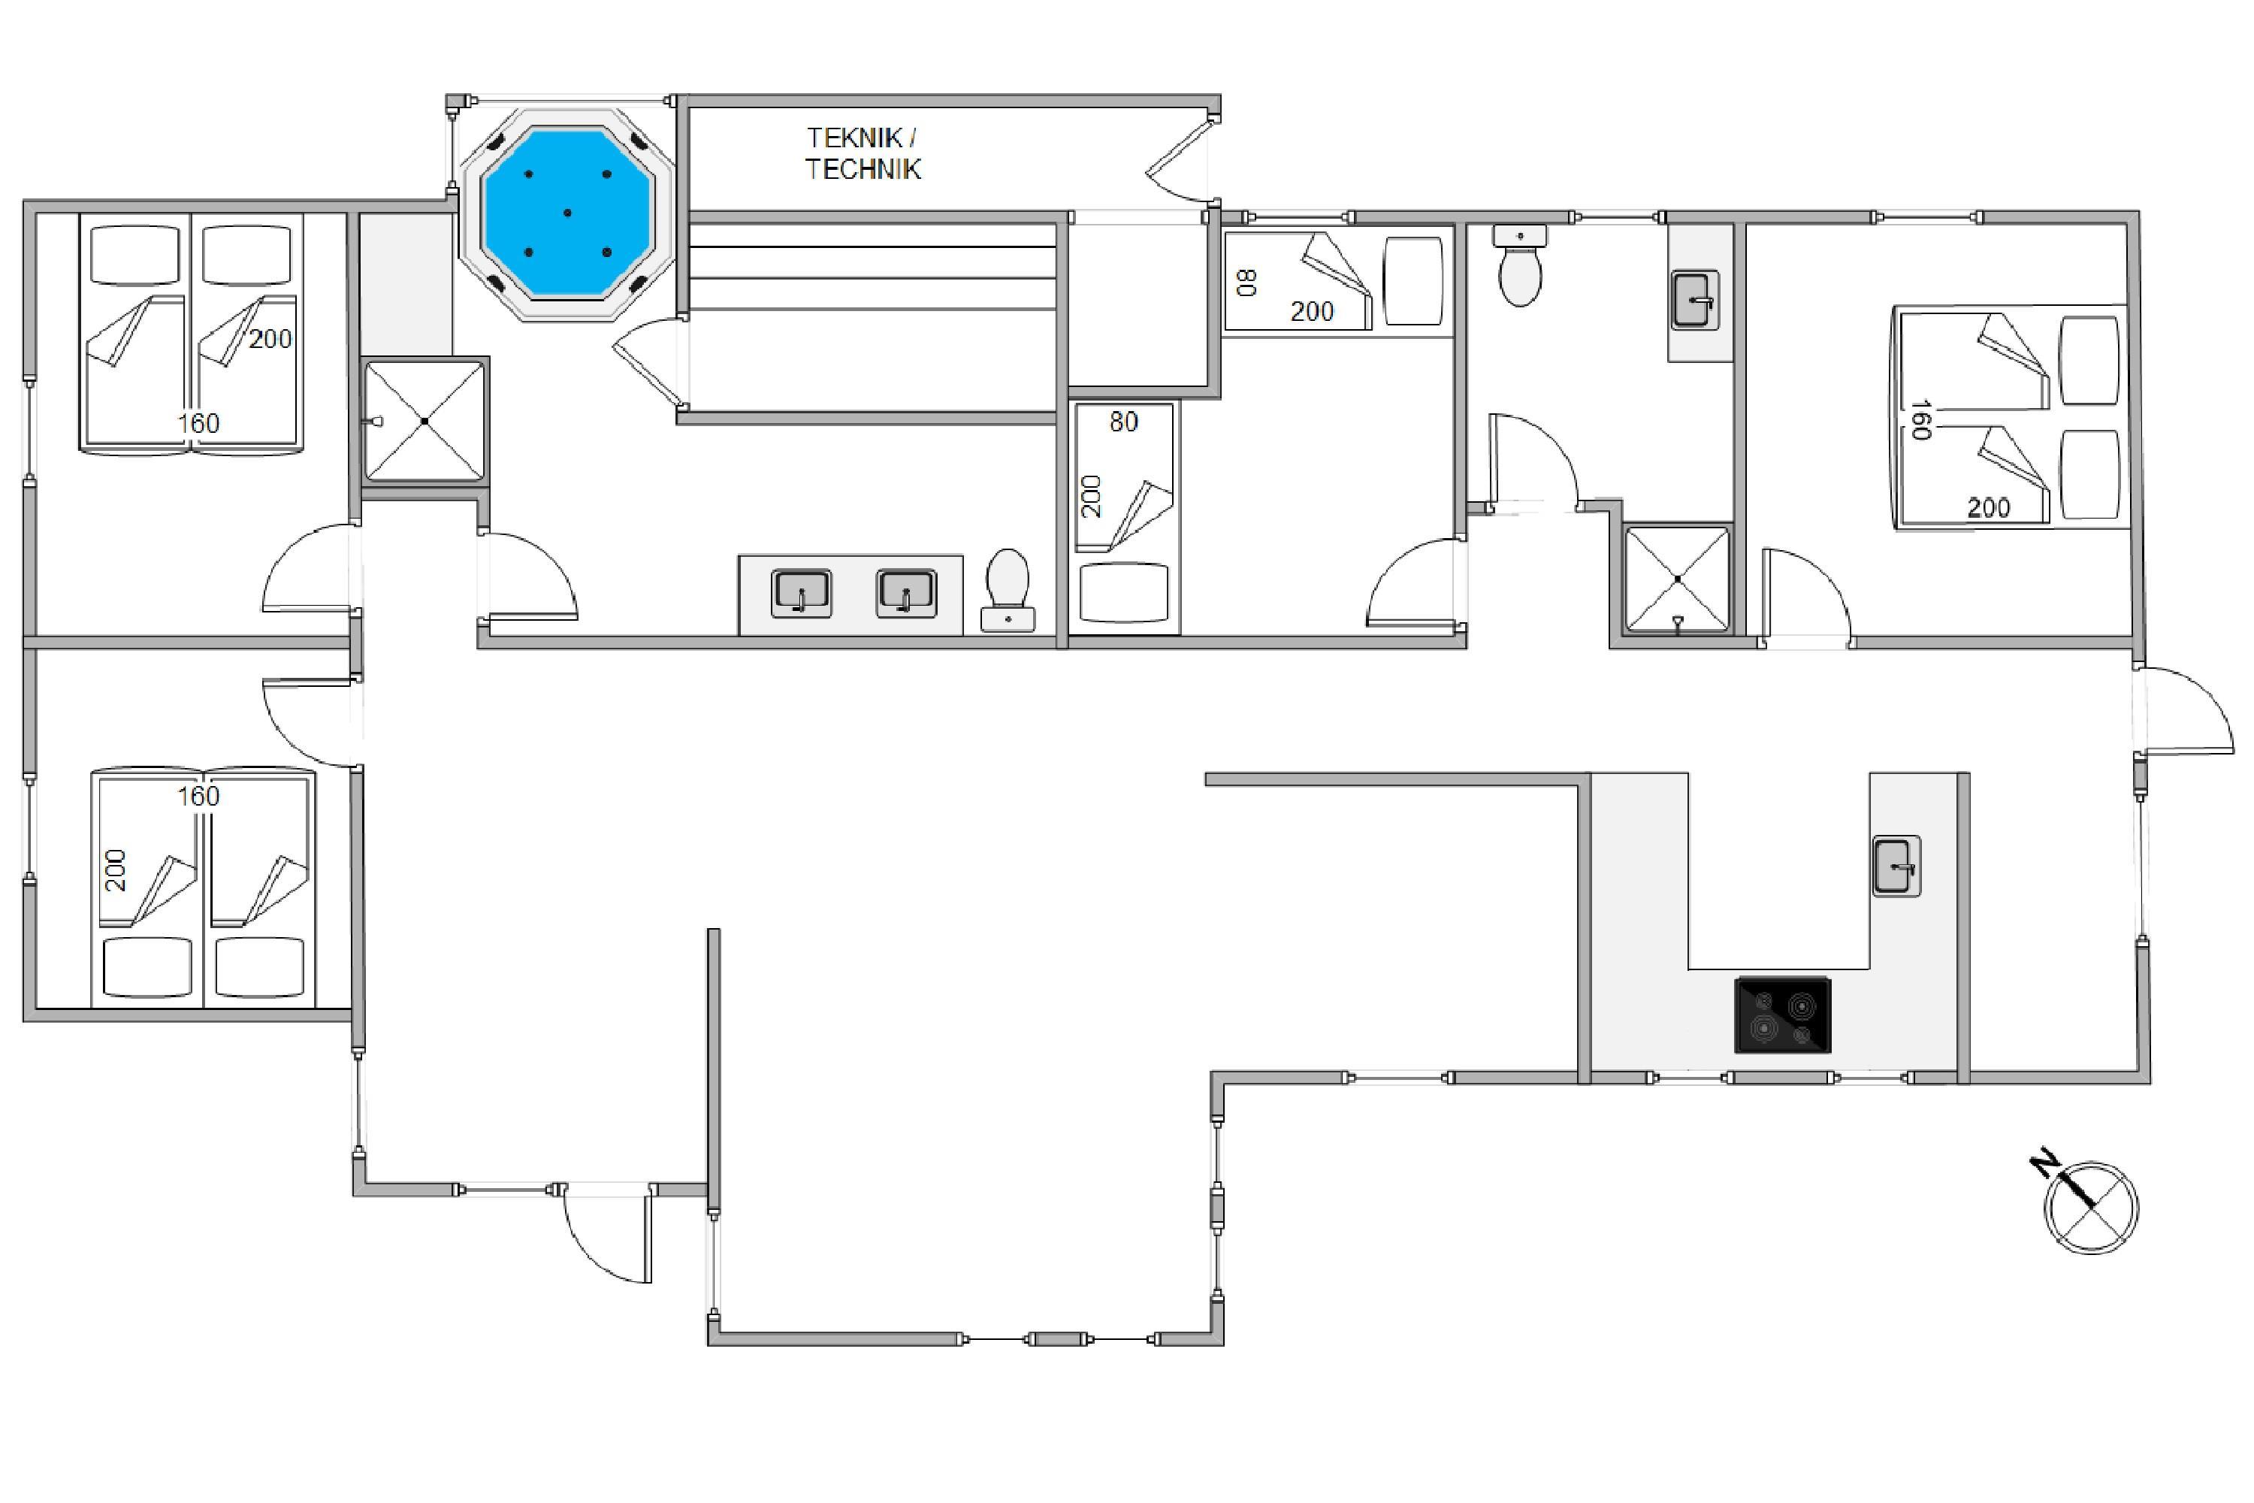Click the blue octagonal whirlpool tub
567,212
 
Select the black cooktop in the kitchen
1782,1015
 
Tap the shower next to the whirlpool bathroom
425,420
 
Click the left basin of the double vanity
801,594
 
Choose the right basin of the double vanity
905,594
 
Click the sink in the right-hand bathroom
1694,300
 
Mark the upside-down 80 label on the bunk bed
1246,282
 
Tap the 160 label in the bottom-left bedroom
198,796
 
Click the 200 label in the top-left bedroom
270,338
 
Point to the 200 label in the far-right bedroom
1989,508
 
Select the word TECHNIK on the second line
863,170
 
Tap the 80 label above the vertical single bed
1124,422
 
